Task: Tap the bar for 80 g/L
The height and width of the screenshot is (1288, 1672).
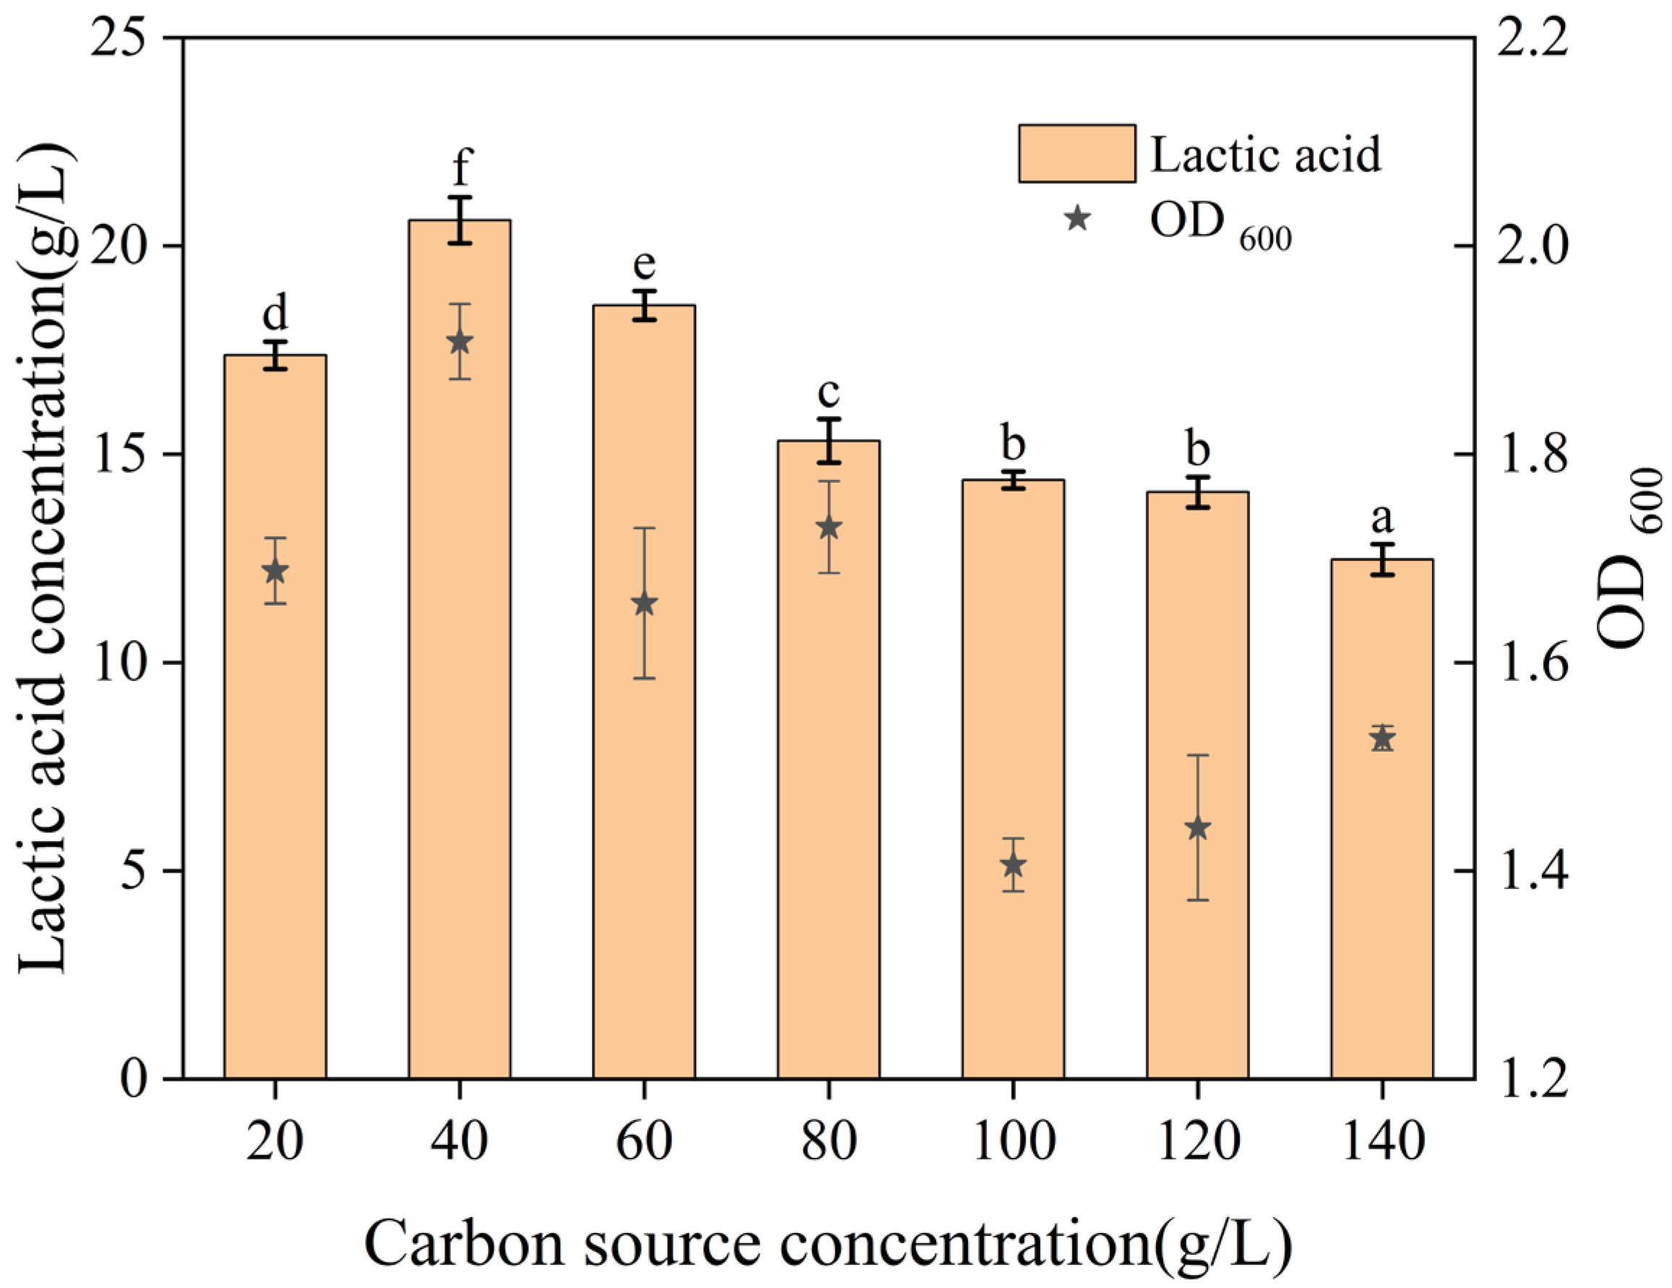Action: (x=828, y=765)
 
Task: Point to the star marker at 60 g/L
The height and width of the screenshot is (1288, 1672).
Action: (x=645, y=604)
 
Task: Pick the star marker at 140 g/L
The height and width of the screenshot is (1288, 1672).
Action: (x=1382, y=739)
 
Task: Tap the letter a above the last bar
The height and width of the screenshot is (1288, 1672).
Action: (x=1382, y=520)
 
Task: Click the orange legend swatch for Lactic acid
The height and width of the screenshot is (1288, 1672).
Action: (x=1076, y=154)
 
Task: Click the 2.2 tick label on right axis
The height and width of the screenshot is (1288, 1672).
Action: (x=1531, y=38)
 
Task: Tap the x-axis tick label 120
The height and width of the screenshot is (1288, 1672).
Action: (x=1198, y=1141)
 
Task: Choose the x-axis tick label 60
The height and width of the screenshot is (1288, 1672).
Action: (x=645, y=1141)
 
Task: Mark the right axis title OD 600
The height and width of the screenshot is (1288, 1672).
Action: (x=1631, y=559)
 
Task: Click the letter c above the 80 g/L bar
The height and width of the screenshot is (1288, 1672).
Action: (x=828, y=393)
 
